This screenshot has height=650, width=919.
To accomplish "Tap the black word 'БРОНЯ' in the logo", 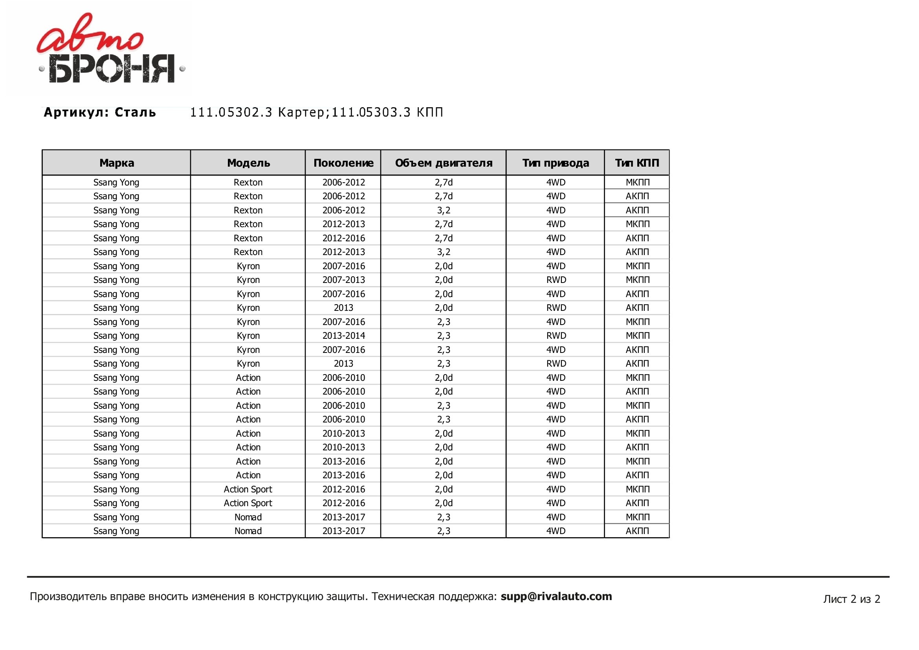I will click(x=112, y=69).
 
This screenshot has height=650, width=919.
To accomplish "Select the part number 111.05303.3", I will click(x=371, y=112).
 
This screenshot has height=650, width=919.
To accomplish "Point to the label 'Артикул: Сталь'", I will click(x=100, y=112).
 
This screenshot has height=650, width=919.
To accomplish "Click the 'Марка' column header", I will click(x=116, y=163).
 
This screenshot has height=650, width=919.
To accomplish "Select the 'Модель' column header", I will click(x=248, y=163).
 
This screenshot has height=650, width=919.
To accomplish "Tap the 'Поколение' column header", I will click(x=343, y=163).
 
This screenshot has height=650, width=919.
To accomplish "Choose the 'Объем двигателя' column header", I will click(x=444, y=163).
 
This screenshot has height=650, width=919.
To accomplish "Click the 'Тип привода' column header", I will click(x=556, y=163).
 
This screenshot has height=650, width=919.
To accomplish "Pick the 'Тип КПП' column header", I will click(x=637, y=163).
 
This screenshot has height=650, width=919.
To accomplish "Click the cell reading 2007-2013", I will click(x=343, y=280).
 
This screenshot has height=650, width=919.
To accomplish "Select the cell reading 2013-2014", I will click(x=343, y=335).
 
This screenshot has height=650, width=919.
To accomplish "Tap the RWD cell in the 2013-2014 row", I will click(x=556, y=335).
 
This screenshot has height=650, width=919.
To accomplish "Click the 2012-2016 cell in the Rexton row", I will click(x=343, y=238).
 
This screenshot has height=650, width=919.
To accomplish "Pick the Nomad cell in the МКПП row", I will click(x=248, y=517).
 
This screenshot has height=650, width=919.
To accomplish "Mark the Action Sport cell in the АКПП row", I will click(x=248, y=503).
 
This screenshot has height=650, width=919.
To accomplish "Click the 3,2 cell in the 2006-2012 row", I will click(x=444, y=210).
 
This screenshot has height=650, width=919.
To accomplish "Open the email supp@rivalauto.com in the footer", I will click(x=556, y=597).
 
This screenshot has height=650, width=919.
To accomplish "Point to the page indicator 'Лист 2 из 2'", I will click(x=851, y=599).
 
